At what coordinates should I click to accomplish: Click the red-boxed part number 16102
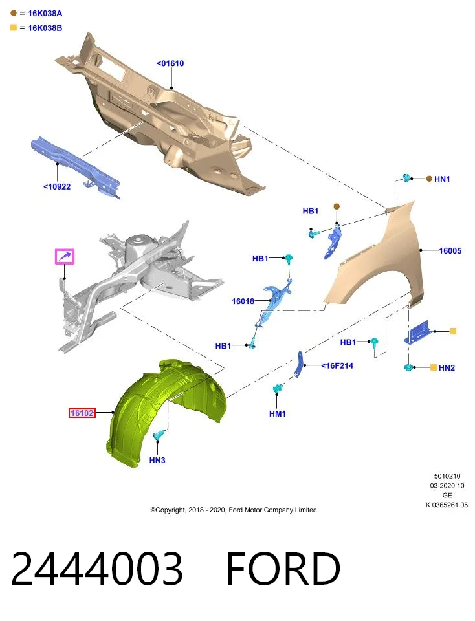pos(82,413)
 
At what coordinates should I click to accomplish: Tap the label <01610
pos(170,63)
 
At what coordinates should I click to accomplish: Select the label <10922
pos(57,186)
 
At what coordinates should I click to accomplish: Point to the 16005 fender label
pos(450,251)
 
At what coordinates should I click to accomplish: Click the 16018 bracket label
pos(243,301)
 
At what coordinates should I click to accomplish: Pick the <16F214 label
pos(337,366)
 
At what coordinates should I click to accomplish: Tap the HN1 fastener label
pos(442,179)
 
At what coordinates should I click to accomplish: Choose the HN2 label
pos(447,368)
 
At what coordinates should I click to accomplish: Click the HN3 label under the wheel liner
pos(157,460)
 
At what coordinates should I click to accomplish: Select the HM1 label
pos(278,414)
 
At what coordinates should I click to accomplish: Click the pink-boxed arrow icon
pos(65,257)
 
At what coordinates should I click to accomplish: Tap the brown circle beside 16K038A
pos(14,13)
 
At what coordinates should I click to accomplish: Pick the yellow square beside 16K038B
pos(14,28)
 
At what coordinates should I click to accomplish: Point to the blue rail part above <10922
pos(75,166)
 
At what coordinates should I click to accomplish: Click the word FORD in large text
pos(283,569)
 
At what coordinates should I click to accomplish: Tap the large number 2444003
pos(97,569)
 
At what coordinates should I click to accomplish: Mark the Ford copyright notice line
pos(234,510)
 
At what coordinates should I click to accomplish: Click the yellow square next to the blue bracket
pos(453,331)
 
